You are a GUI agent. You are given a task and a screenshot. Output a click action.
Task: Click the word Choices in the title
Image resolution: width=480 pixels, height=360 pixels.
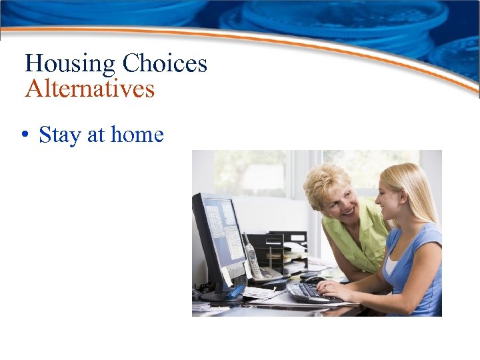coord(165,64)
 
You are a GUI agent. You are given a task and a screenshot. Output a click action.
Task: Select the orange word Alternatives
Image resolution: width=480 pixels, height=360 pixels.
coord(89,89)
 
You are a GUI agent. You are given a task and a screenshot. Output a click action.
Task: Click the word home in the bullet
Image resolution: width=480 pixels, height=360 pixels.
coord(137,135)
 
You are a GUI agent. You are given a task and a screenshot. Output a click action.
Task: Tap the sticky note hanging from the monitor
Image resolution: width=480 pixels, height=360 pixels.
coord(227,275)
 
